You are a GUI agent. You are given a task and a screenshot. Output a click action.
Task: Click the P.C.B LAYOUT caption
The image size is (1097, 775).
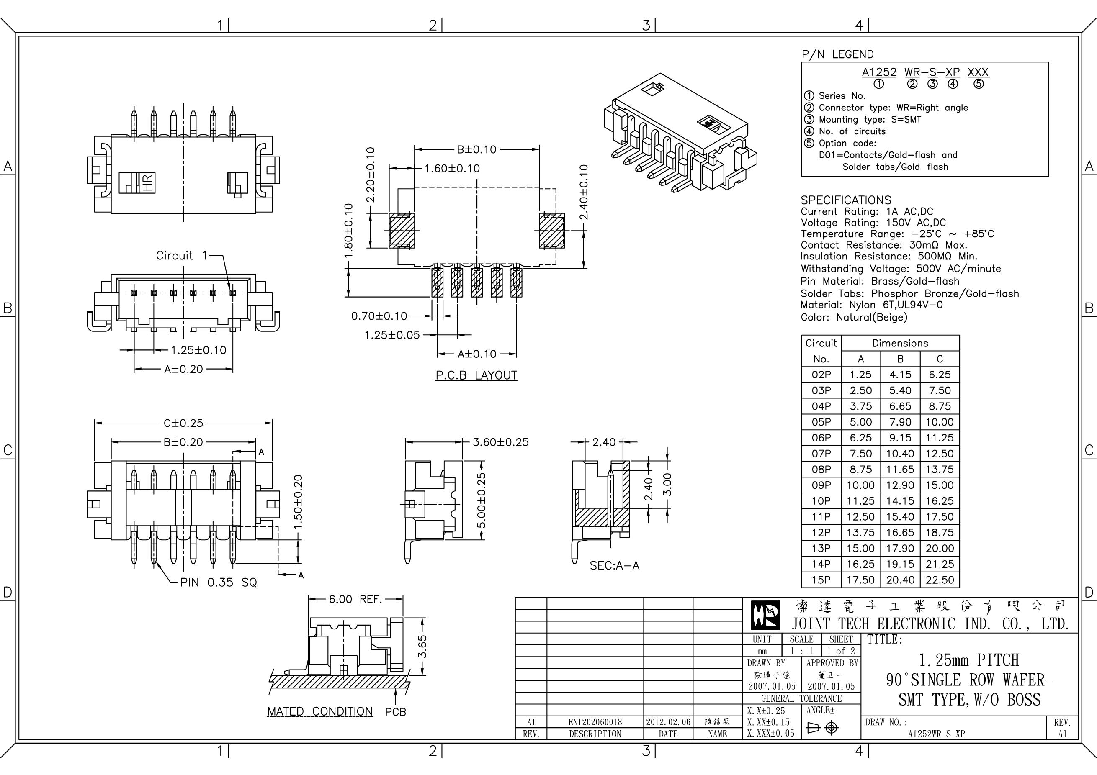tap(476, 375)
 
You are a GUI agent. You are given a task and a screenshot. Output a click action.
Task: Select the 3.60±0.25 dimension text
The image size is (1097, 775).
tap(500, 442)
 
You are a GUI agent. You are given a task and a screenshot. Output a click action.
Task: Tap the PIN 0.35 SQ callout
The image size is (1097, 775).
tap(218, 583)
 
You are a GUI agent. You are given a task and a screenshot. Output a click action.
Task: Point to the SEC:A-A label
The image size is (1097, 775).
tap(614, 566)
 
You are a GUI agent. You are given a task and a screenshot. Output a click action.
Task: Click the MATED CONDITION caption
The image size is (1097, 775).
tap(319, 711)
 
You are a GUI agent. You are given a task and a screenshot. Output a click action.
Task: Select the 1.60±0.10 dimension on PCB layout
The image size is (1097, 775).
tap(452, 169)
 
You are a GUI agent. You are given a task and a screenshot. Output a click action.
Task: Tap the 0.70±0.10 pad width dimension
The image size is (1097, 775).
tap(379, 316)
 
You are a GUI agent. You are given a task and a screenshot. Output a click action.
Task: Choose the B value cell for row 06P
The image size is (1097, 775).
tap(900, 438)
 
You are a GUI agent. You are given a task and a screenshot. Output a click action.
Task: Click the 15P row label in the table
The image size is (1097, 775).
tap(821, 580)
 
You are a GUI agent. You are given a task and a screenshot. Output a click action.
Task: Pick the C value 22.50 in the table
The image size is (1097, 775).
tap(939, 580)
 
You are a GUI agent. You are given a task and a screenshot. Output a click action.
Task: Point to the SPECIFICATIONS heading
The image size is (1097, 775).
tap(846, 200)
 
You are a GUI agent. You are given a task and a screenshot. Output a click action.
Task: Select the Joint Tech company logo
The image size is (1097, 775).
tap(765, 616)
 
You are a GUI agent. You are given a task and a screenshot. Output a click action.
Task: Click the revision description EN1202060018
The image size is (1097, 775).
tap(595, 722)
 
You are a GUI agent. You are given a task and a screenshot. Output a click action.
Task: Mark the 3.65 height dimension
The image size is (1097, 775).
tap(422, 646)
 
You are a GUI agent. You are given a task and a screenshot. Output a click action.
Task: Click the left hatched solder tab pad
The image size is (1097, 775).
tap(402, 231)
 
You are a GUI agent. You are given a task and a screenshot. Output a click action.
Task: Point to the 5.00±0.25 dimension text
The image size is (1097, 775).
tap(482, 500)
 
